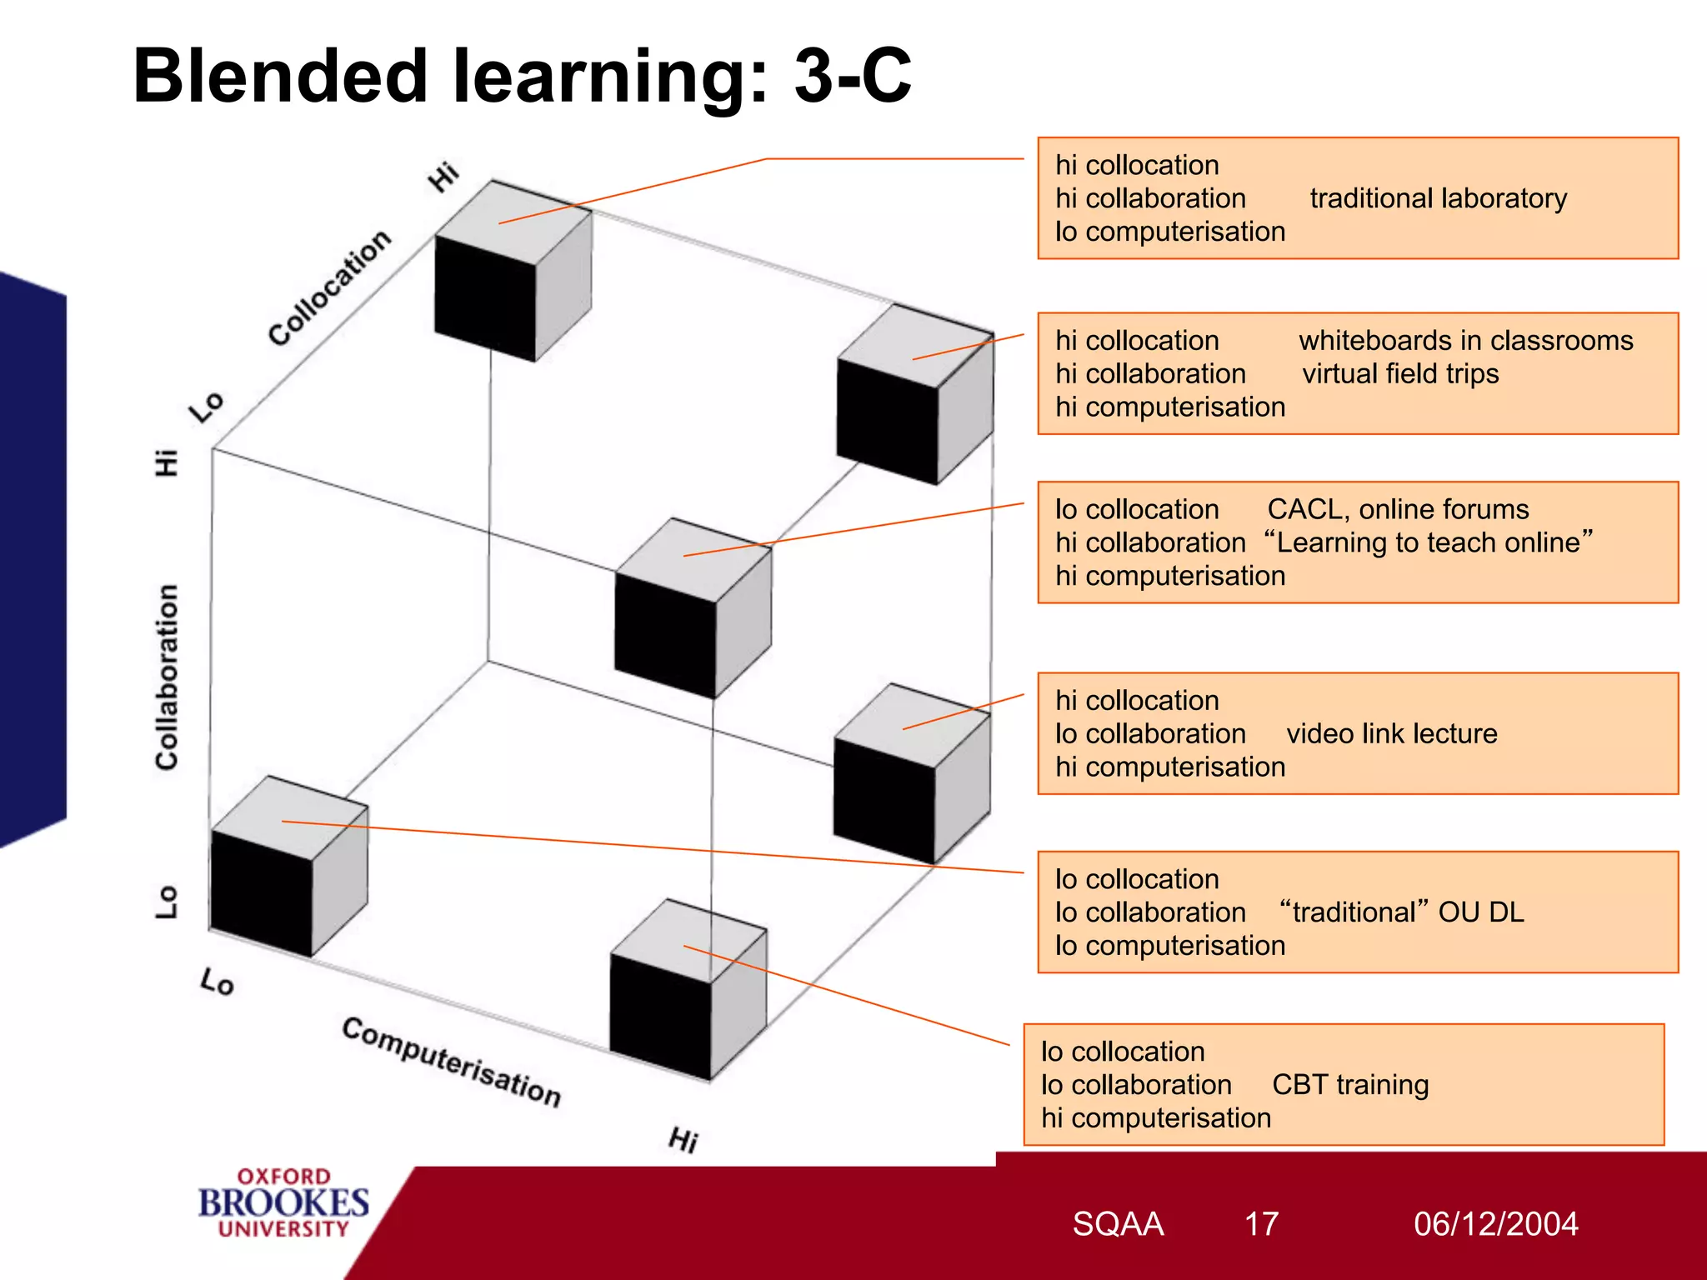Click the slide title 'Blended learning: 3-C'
[x=522, y=76]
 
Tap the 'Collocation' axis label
[x=329, y=287]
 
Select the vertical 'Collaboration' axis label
[x=168, y=677]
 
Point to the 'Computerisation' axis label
[x=451, y=1062]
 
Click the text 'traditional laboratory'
[x=1438, y=198]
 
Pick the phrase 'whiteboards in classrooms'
[x=1465, y=341]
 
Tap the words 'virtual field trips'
[x=1400, y=374]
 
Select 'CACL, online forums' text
[x=1398, y=509]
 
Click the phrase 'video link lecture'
[x=1391, y=733]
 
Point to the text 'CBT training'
[x=1349, y=1085]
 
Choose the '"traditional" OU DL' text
[x=1401, y=912]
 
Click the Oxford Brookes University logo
[x=283, y=1202]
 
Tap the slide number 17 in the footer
[x=1261, y=1224]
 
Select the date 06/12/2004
[x=1495, y=1224]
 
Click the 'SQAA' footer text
[x=1117, y=1224]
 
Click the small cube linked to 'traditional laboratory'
[x=512, y=271]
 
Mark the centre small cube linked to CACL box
[x=692, y=608]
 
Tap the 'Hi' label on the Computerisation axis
[x=683, y=1139]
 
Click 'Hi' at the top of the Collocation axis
[x=443, y=177]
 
